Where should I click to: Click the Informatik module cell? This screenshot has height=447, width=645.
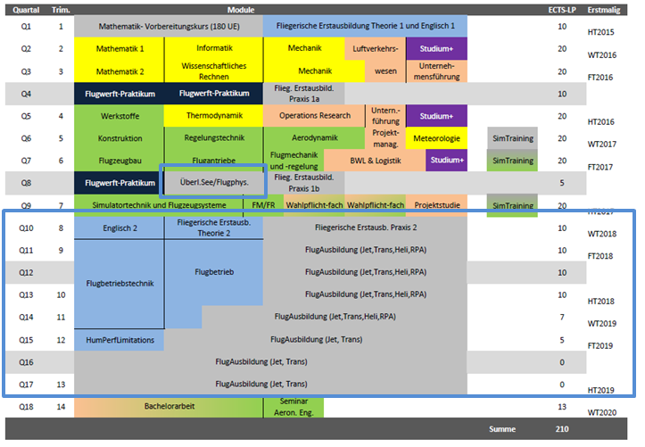(213, 48)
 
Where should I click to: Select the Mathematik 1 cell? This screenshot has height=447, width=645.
(119, 48)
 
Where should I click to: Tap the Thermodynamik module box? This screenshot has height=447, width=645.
(213, 116)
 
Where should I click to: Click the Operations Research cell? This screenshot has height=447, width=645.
(310, 116)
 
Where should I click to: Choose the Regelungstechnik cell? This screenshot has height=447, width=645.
(213, 138)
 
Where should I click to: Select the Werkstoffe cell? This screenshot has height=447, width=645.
(119, 116)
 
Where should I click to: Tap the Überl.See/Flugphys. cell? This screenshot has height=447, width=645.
(214, 183)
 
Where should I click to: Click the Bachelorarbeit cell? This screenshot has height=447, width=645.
(169, 407)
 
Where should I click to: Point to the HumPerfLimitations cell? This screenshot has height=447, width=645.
(120, 340)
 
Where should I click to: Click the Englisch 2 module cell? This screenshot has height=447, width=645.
(120, 228)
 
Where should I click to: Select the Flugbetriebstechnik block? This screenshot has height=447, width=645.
(119, 284)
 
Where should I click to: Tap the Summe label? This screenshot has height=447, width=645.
(502, 429)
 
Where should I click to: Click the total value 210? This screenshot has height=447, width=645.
(562, 429)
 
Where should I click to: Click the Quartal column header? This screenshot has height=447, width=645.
(26, 9)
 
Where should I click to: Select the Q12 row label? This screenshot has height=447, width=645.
(26, 272)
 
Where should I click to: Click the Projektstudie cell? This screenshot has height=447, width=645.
(437, 205)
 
